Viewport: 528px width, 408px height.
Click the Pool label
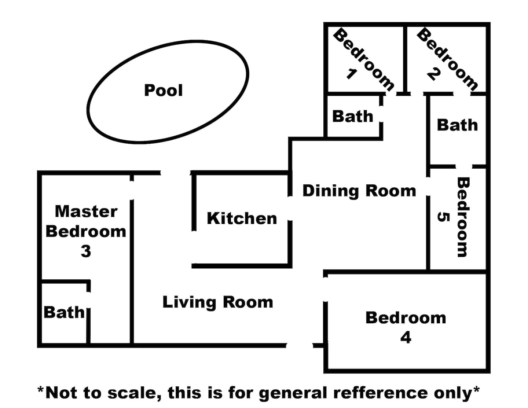(x=163, y=90)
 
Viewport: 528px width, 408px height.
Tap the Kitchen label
(x=242, y=218)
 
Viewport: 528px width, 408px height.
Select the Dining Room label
(x=359, y=191)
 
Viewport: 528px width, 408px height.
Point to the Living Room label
(x=218, y=302)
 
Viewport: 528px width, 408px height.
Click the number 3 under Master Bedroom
(x=86, y=251)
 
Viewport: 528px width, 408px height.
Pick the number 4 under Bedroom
(x=406, y=338)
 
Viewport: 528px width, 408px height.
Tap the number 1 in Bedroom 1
(x=351, y=74)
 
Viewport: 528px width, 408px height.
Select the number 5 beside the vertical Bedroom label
(x=443, y=217)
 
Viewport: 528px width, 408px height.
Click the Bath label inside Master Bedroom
(x=64, y=312)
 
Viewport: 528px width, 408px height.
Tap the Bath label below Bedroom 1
(x=353, y=116)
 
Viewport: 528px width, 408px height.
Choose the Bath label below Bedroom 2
(x=457, y=125)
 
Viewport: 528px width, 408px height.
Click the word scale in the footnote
(x=134, y=393)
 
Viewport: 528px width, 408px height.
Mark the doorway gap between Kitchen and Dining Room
(x=290, y=208)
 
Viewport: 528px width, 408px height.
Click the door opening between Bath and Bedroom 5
(x=464, y=166)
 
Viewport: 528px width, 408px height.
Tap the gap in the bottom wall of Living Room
(x=299, y=346)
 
